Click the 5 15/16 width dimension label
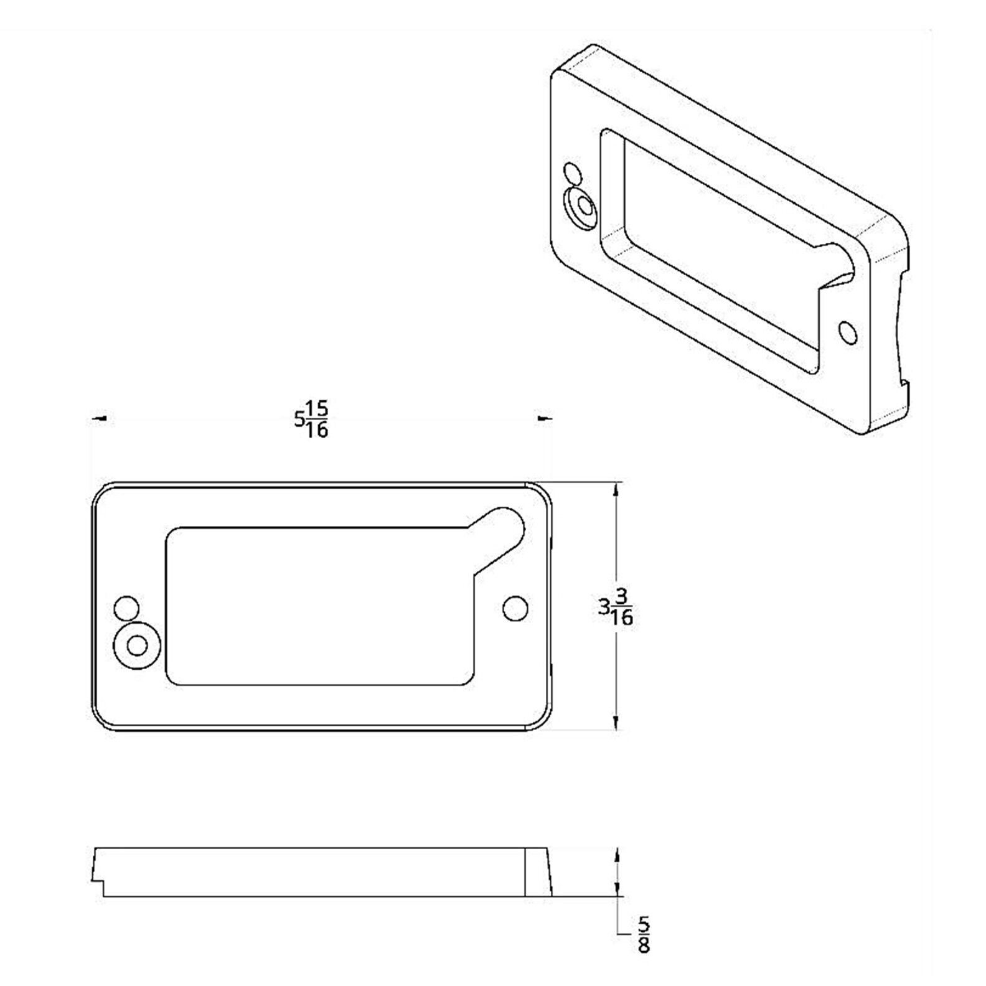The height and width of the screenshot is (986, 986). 311,420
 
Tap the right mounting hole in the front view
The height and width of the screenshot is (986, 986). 514,608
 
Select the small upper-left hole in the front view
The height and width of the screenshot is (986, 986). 127,608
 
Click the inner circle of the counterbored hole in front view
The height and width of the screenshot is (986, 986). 137,646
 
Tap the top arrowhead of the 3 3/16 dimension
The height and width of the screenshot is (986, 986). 616,491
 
